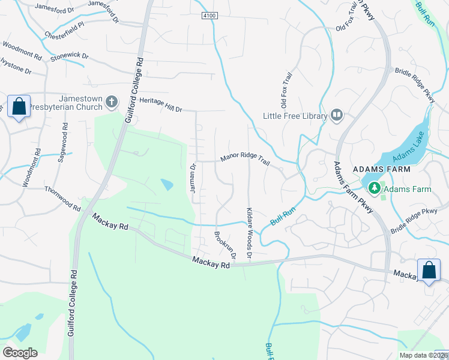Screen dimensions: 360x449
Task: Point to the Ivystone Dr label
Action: pos(15,66)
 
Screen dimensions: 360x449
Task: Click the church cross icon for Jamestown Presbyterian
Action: pos(111,103)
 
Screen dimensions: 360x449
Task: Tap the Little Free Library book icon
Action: pos(336,115)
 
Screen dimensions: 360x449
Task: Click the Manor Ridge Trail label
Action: pos(245,158)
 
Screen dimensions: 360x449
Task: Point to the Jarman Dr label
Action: pos(193,178)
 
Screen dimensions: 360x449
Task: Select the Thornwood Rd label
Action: pos(62,197)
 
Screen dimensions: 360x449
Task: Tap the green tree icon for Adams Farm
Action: pos(375,188)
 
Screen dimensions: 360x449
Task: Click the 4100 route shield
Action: pos(208,15)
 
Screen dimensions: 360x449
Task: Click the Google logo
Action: pos(20,352)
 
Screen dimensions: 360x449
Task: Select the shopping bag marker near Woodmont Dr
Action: pos(19,106)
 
